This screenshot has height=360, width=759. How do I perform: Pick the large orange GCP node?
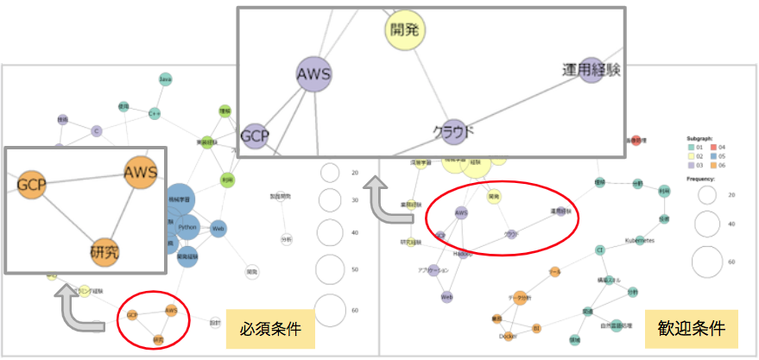click(31, 184)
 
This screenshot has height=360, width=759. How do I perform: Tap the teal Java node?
click(165, 79)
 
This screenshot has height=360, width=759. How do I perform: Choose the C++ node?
click(155, 113)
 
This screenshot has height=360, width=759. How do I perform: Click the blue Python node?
click(187, 227)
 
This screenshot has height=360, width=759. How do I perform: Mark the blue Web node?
click(218, 228)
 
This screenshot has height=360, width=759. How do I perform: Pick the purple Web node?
click(447, 296)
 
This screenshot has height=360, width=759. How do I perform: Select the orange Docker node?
click(509, 336)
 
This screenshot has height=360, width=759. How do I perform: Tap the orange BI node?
click(536, 328)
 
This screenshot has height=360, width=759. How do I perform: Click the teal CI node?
click(599, 249)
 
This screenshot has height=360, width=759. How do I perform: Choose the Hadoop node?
click(463, 254)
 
